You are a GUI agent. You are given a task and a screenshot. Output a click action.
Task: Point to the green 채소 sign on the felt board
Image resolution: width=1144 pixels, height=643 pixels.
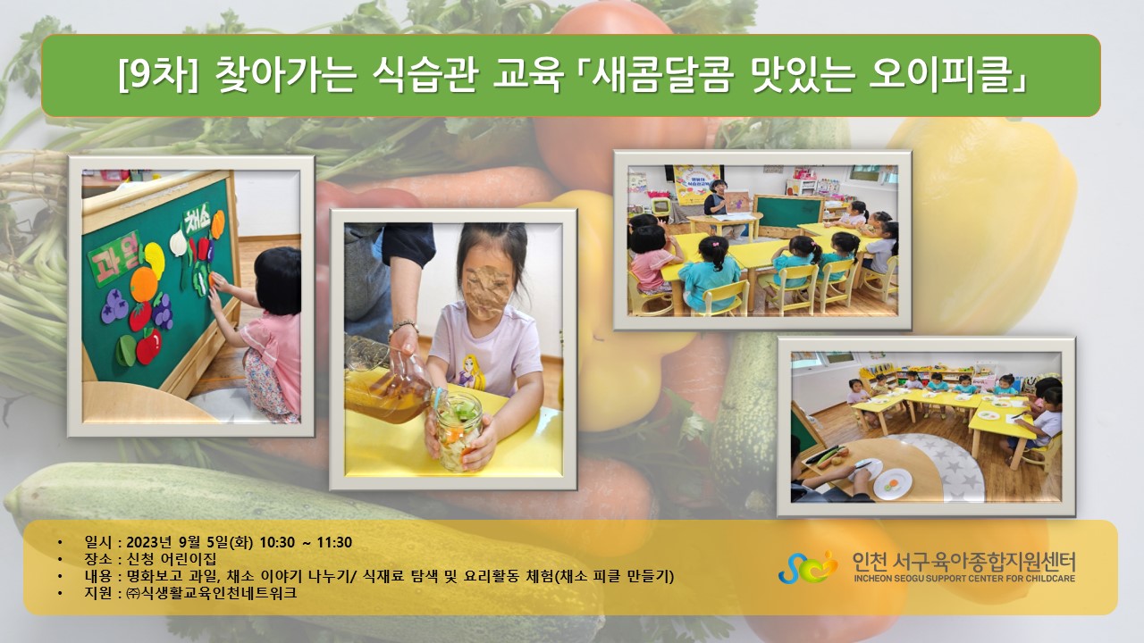click(196, 219)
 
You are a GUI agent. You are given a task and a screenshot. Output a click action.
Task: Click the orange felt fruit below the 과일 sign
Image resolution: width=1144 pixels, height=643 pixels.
click(144, 285)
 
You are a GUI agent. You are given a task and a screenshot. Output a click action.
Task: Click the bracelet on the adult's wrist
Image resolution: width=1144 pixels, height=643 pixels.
click(403, 326)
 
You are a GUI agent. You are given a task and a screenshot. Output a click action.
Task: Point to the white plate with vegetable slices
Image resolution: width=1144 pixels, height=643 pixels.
click(892, 484)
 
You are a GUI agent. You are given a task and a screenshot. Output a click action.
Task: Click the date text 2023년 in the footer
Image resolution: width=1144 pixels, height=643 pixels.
click(148, 542)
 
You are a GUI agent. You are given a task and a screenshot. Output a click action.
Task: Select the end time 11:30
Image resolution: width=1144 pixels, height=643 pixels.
click(334, 542)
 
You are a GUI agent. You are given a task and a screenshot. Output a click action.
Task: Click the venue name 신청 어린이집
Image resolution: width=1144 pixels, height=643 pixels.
click(171, 559)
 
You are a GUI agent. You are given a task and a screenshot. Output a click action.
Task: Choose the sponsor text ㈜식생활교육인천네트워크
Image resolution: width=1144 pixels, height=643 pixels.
click(212, 593)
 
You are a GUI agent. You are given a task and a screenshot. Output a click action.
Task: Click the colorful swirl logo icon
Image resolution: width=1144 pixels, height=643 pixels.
click(808, 567)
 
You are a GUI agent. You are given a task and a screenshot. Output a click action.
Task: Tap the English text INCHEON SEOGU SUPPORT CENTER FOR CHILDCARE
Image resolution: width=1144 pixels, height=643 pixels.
click(964, 579)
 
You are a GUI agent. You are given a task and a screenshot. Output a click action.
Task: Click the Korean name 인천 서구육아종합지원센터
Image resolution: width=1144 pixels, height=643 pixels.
click(964, 562)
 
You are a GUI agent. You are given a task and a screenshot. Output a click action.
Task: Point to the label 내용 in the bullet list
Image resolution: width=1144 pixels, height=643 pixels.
click(98, 576)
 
